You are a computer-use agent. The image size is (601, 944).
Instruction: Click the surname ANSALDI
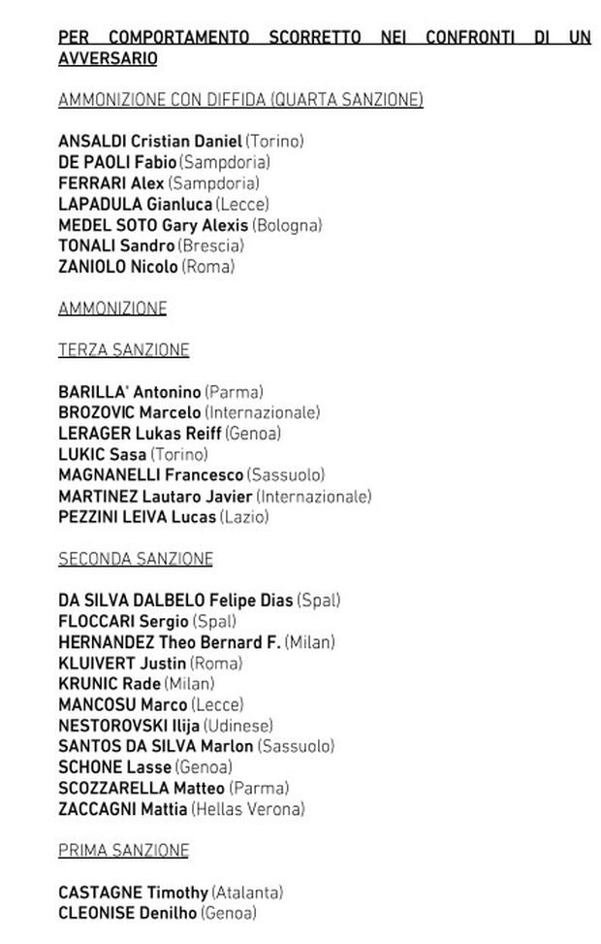tap(92, 142)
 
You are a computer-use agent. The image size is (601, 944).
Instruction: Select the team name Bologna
tap(287, 225)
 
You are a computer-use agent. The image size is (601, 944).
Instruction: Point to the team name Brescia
tap(212, 246)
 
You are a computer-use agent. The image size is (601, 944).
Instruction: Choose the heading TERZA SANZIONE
tap(123, 350)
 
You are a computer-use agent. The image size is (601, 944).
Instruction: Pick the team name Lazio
tap(244, 517)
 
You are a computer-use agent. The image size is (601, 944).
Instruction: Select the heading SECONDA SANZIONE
tap(135, 559)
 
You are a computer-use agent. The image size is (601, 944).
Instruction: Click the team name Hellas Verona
tap(248, 809)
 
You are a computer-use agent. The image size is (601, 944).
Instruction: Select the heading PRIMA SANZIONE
tap(123, 851)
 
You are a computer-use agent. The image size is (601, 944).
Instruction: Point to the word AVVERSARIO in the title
tap(108, 58)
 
